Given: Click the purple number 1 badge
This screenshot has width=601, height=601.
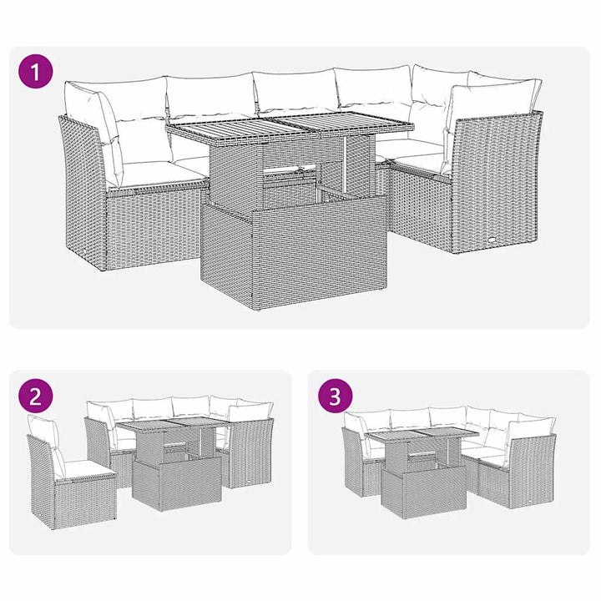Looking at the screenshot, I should coord(34,71).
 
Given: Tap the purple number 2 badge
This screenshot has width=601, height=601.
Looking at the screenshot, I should coord(34,396).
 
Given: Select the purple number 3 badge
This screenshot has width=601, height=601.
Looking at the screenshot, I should coord(335,396).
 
